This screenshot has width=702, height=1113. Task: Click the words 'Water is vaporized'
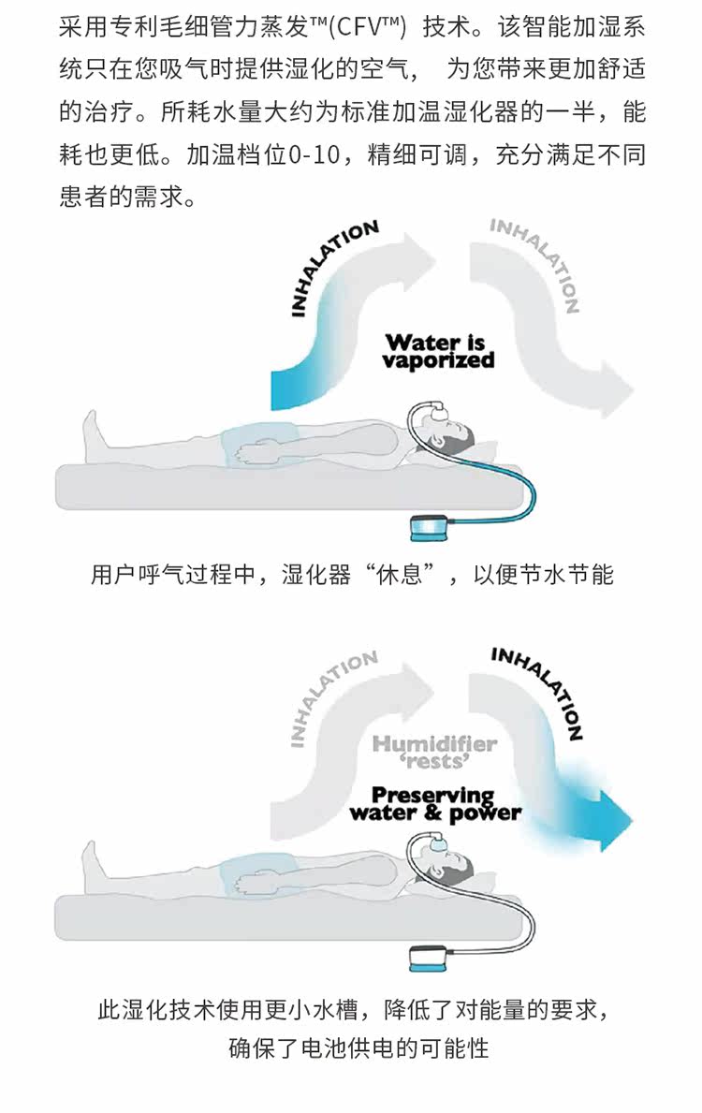click(438, 352)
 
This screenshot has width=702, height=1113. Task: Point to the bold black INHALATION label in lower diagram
click(538, 690)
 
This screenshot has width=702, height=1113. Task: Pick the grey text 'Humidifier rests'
click(435, 752)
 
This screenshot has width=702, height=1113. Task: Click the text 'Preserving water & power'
click(435, 803)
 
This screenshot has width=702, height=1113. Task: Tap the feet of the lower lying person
click(95, 866)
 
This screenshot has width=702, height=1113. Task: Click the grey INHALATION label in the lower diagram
click(332, 696)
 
